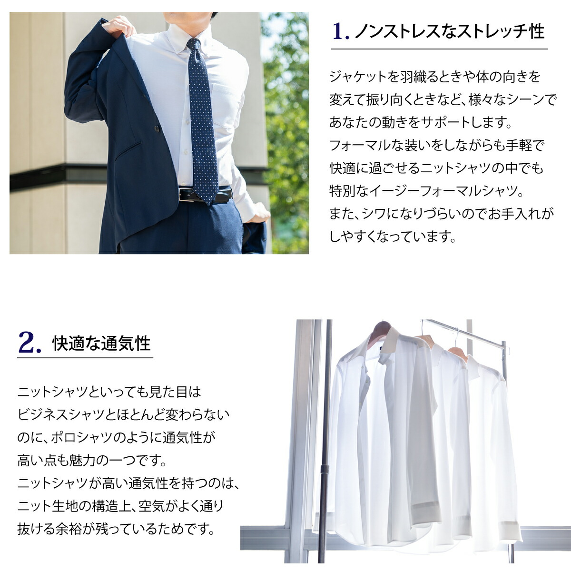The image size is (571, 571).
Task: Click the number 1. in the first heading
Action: [x=341, y=31]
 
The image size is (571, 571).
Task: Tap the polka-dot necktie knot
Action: [x=194, y=45]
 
